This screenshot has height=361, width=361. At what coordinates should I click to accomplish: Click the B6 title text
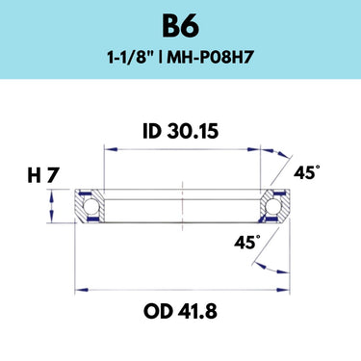[180, 26]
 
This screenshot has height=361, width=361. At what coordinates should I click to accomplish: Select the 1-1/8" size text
[130, 58]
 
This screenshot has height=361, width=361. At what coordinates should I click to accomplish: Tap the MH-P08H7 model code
[211, 58]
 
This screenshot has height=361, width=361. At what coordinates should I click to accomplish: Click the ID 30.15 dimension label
[181, 131]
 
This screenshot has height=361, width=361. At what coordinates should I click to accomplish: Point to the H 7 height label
[43, 176]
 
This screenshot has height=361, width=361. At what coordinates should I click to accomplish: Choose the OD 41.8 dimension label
[180, 311]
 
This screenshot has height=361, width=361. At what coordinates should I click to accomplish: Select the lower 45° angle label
[247, 242]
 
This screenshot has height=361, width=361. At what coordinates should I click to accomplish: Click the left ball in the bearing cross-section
[90, 206]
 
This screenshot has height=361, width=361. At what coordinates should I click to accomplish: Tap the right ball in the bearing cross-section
[273, 206]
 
